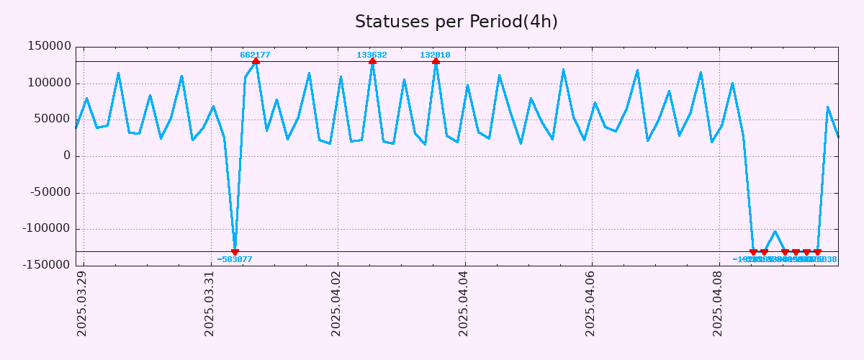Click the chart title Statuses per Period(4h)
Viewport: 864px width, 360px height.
pyautogui.click(x=456, y=22)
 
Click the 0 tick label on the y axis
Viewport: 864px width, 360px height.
pyautogui.click(x=67, y=156)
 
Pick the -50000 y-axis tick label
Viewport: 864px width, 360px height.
pyautogui.click(x=50, y=192)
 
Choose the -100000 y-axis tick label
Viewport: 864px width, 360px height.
pyautogui.click(x=47, y=229)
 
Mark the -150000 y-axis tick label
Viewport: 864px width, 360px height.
pyautogui.click(x=47, y=265)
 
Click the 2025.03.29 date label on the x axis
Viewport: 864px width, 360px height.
pyautogui.click(x=82, y=303)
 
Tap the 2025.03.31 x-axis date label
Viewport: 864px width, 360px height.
pyautogui.click(x=210, y=303)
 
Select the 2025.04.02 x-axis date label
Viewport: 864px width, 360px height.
pyautogui.click(x=336, y=303)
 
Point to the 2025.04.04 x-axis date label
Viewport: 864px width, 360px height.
pyautogui.click(x=464, y=303)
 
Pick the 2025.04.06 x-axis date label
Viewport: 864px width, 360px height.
pyautogui.click(x=590, y=303)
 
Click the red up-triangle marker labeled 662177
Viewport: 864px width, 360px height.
pyautogui.click(x=256, y=62)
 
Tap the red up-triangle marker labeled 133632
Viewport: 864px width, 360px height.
pyautogui.click(x=372, y=62)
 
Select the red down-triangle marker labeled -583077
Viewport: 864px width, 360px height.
pyautogui.click(x=235, y=251)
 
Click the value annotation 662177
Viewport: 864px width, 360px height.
pyautogui.click(x=255, y=55)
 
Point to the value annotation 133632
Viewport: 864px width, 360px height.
pyautogui.click(x=372, y=55)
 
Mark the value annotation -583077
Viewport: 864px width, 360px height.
pyautogui.click(x=235, y=259)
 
